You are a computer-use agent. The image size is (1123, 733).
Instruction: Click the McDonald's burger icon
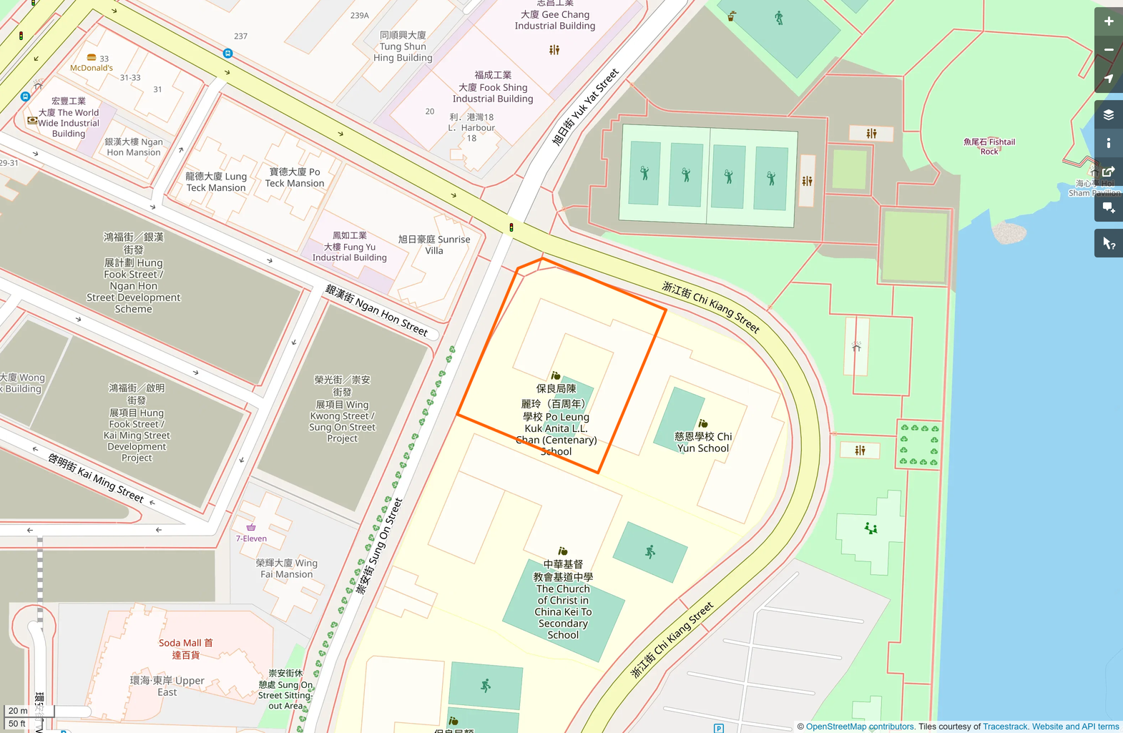pyautogui.click(x=92, y=57)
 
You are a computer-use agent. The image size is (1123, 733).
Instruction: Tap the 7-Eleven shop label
pyautogui.click(x=251, y=538)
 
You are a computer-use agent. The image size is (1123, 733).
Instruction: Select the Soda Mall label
pyautogui.click(x=186, y=648)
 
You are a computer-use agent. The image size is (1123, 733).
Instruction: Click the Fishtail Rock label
pyautogui.click(x=989, y=147)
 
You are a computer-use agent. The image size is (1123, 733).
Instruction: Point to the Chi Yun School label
pyautogui.click(x=703, y=442)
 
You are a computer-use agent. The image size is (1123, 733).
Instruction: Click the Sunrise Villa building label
pyautogui.click(x=434, y=245)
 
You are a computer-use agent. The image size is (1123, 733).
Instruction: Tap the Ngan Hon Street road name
pyautogui.click(x=376, y=310)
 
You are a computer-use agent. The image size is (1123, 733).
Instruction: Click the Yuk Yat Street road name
pyautogui.click(x=585, y=107)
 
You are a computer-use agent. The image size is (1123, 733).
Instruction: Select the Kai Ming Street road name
pyautogui.click(x=96, y=477)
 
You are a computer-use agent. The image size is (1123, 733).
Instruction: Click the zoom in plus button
pyautogui.click(x=1108, y=21)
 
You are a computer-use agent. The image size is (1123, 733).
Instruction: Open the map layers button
pyautogui.click(x=1108, y=115)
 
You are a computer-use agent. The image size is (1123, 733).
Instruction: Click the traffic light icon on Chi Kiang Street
pyautogui.click(x=511, y=227)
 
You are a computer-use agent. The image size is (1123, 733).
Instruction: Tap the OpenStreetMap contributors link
pyautogui.click(x=860, y=727)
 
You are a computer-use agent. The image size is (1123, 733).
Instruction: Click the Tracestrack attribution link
pyautogui.click(x=1004, y=727)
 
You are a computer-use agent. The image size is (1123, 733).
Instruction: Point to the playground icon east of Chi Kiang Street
pyautogui.click(x=871, y=528)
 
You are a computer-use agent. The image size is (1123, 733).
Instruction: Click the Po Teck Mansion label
pyautogui.click(x=295, y=177)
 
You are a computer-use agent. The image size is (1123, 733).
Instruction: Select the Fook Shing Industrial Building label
pyautogui.click(x=493, y=87)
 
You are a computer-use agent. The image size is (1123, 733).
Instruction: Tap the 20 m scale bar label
pyautogui.click(x=18, y=711)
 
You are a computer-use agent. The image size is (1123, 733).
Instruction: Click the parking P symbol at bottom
pyautogui.click(x=718, y=728)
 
